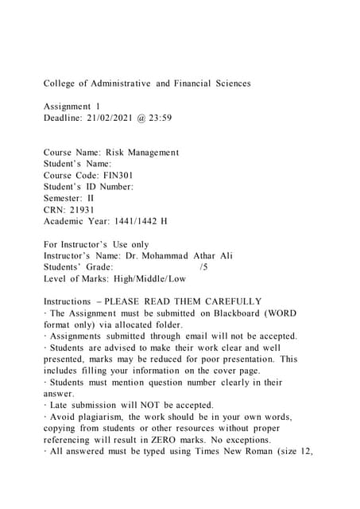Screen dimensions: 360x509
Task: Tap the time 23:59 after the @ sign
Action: tap(179, 118)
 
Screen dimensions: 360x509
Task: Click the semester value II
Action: tap(90, 197)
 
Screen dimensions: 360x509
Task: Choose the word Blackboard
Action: tap(239, 313)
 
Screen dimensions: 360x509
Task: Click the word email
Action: tap(204, 336)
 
